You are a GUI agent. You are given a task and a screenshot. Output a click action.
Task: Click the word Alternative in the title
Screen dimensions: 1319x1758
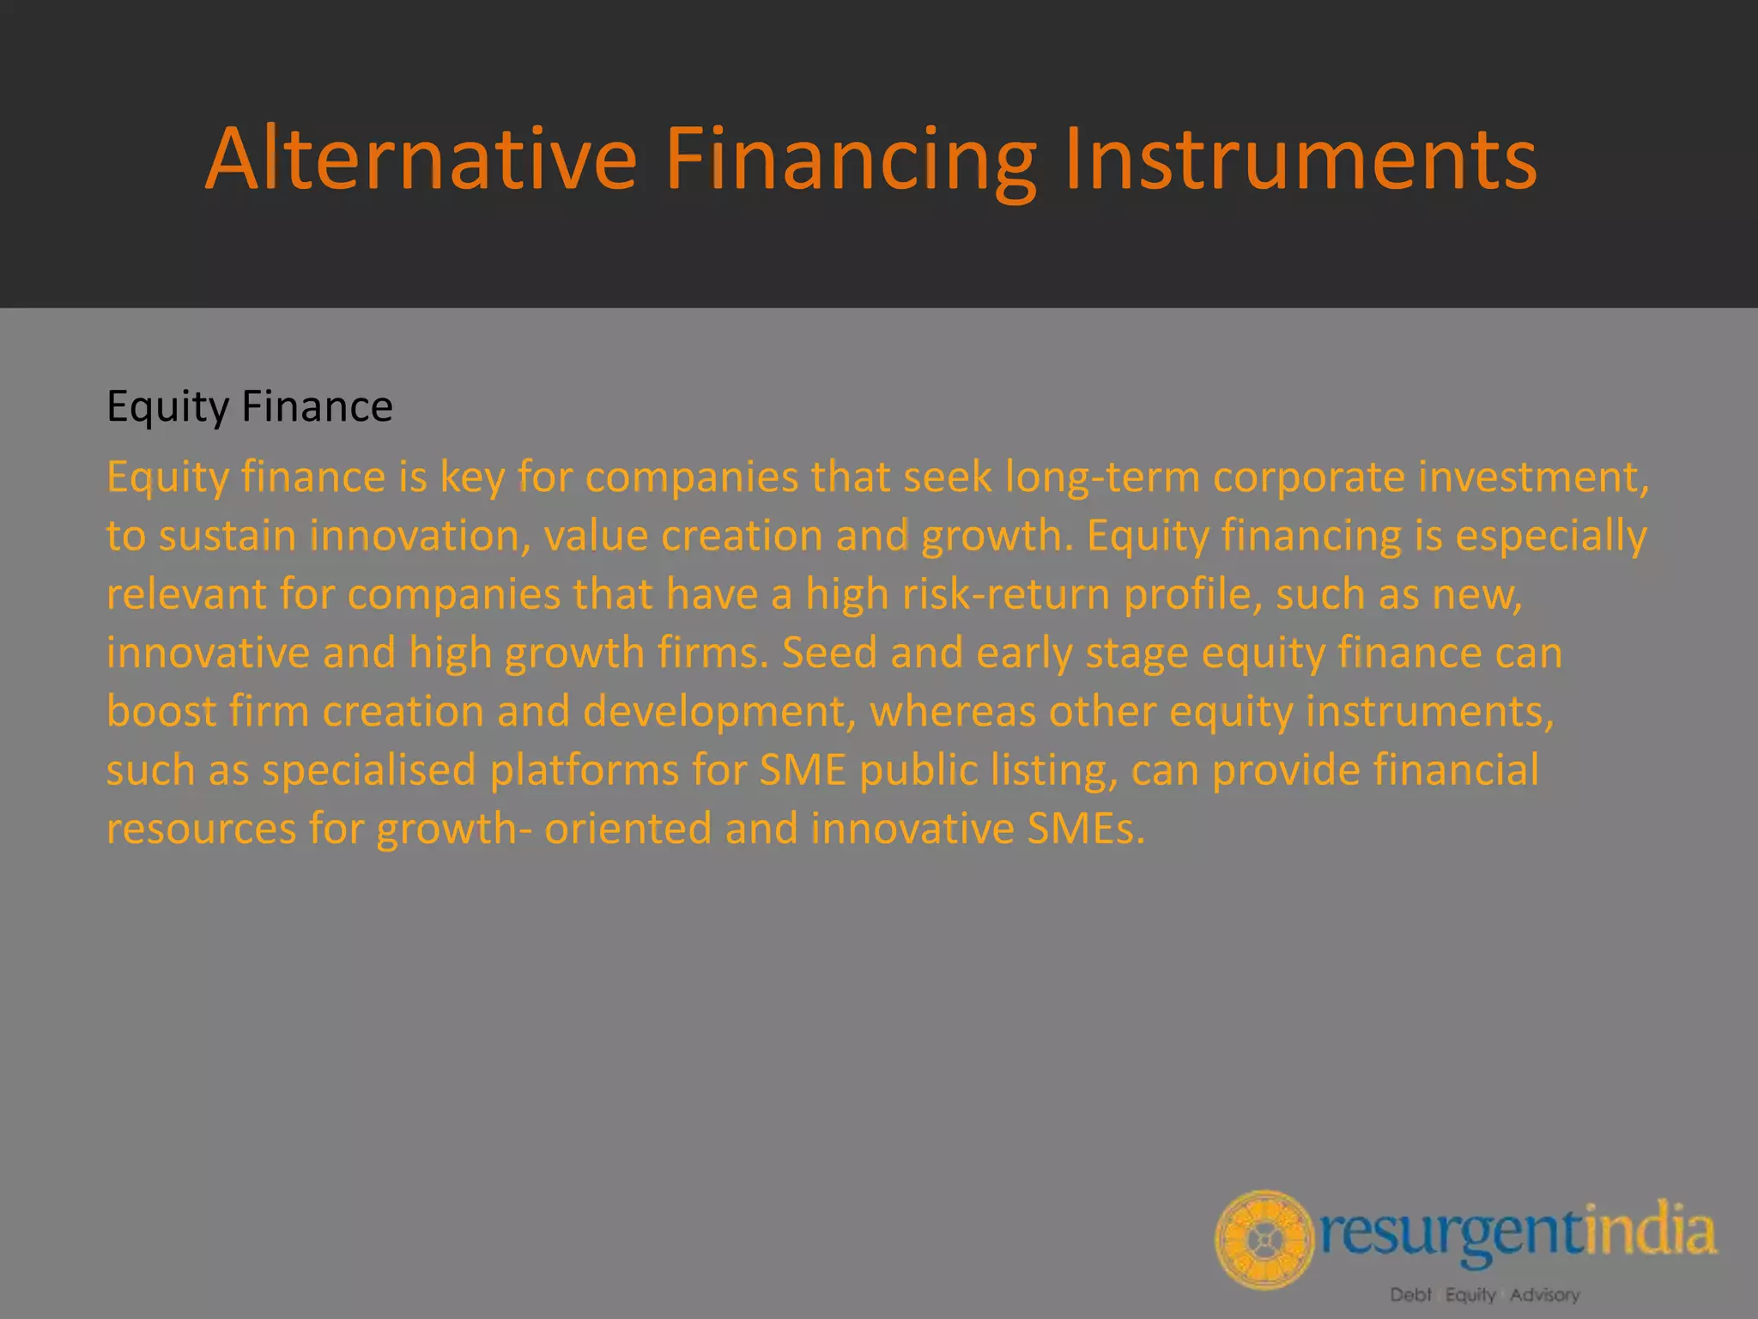pyautogui.click(x=421, y=159)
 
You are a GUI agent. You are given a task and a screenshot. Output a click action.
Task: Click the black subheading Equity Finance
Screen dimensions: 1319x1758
pyautogui.click(x=249, y=406)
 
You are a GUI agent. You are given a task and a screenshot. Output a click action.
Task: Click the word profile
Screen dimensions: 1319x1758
pyautogui.click(x=1192, y=594)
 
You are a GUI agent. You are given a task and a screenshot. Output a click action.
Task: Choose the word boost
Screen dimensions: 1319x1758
pyautogui.click(x=161, y=711)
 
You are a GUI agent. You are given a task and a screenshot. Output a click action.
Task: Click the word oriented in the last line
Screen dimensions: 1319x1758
pyautogui.click(x=627, y=829)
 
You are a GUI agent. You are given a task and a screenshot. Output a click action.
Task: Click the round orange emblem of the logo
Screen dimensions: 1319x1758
pyautogui.click(x=1264, y=1239)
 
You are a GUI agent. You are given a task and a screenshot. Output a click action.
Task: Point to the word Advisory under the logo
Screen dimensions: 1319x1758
pyautogui.click(x=1544, y=1294)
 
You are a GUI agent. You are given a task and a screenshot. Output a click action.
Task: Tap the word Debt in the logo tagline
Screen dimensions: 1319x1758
pyautogui.click(x=1410, y=1294)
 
